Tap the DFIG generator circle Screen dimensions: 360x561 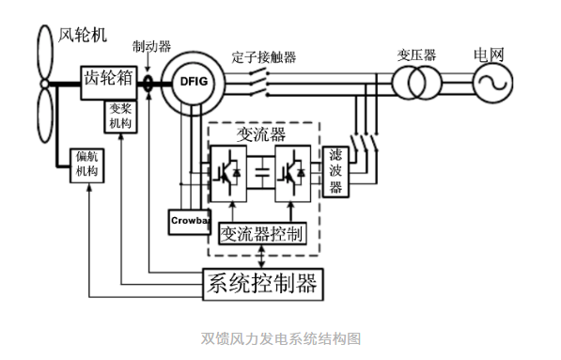coord(192,83)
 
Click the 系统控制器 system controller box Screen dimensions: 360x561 coord(262,282)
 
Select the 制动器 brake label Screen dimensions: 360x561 coord(151,46)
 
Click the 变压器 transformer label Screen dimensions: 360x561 coord(416,55)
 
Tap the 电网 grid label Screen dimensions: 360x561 coord(490,55)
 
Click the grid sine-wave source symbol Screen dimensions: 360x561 coord(491,86)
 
